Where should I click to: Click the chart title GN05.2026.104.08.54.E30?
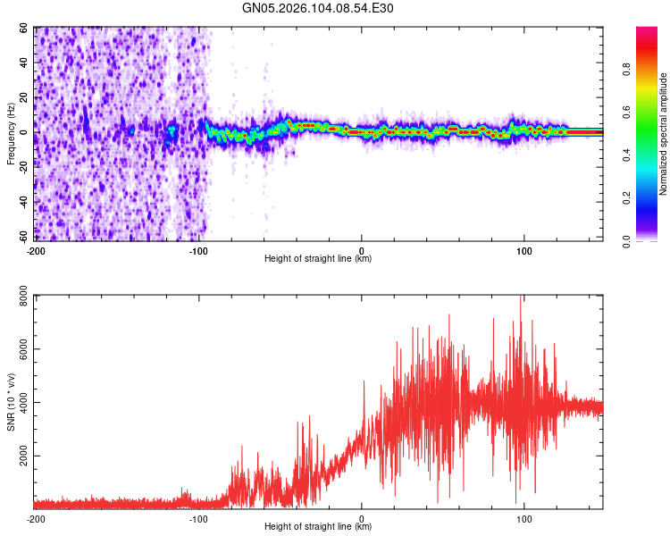(x=318, y=8)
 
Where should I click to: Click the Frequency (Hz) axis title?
(x=11, y=133)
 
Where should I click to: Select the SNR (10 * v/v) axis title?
(x=11, y=401)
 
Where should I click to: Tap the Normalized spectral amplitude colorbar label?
(x=664, y=133)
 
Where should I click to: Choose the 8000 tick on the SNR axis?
(x=20, y=297)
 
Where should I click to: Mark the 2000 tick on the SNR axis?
(x=20, y=456)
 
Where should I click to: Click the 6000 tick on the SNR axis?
(x=20, y=349)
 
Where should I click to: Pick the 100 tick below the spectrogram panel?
(x=524, y=250)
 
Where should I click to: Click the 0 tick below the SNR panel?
(x=362, y=518)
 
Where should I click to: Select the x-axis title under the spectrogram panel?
(x=318, y=259)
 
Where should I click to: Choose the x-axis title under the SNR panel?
(x=318, y=527)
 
